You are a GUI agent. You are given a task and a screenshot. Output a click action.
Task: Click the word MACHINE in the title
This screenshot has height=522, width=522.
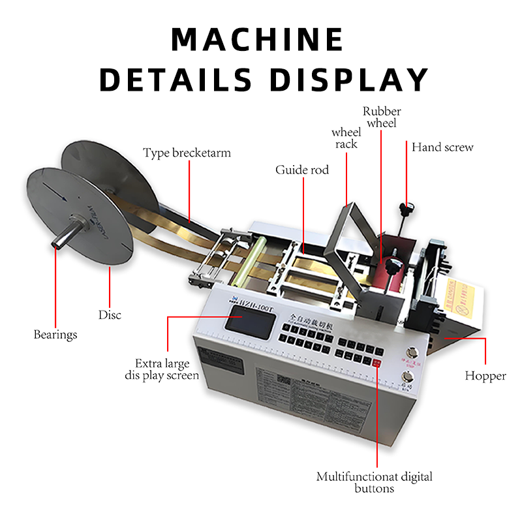point(257,40)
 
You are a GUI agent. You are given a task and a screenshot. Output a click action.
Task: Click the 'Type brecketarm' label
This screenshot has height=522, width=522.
point(187,153)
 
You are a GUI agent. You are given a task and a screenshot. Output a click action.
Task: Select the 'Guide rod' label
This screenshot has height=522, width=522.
point(302,170)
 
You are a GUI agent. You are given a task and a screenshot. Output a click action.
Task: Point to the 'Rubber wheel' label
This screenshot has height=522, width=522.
point(382,117)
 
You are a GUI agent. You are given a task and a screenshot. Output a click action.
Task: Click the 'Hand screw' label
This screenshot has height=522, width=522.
point(442,147)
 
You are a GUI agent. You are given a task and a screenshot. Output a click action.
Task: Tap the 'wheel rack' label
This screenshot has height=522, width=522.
point(346,138)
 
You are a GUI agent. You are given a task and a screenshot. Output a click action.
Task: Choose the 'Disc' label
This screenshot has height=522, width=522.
point(110,315)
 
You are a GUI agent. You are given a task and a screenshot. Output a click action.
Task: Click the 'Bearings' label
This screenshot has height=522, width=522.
point(55,335)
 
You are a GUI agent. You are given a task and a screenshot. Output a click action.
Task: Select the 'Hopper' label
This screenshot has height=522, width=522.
point(485,376)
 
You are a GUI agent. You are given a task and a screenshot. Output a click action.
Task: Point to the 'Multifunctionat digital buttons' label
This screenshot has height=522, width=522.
point(375,482)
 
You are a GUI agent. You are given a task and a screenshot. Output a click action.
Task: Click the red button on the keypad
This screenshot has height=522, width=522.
point(377,361)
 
